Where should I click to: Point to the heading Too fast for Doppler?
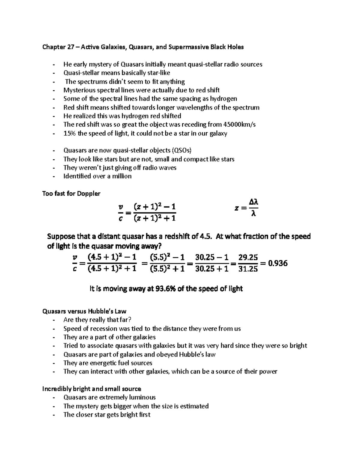coord(71,194)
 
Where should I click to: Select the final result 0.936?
coord(277,263)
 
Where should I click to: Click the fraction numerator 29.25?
coord(248,257)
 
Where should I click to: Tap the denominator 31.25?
coord(248,269)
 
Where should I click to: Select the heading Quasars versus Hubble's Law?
coord(84,311)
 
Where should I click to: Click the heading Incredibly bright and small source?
coord(91,389)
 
